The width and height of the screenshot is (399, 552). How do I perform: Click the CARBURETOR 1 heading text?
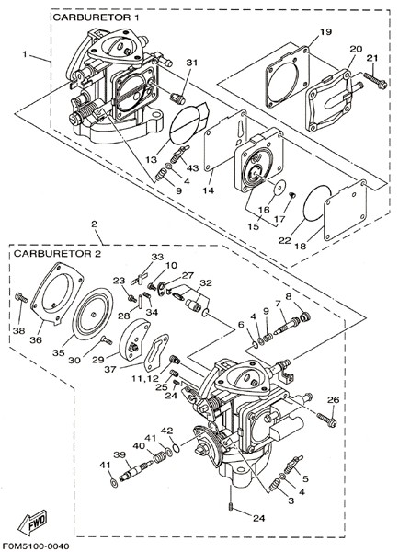click(x=96, y=17)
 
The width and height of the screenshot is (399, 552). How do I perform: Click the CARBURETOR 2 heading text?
click(x=57, y=254)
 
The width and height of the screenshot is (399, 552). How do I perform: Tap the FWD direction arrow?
click(x=32, y=523)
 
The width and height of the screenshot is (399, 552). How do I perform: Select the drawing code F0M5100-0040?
click(x=35, y=546)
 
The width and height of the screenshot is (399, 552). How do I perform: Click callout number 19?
click(x=325, y=31)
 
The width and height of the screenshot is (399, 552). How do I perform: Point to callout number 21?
click(x=372, y=58)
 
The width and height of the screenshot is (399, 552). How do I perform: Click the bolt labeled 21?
click(x=375, y=81)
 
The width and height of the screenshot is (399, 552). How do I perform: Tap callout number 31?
click(x=192, y=63)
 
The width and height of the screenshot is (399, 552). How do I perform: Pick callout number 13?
click(x=152, y=160)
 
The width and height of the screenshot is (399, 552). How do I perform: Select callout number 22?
click(x=285, y=240)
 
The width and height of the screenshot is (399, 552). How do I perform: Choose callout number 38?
click(x=19, y=330)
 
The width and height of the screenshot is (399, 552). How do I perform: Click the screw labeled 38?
click(x=21, y=298)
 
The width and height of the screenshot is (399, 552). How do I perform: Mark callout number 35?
click(x=59, y=352)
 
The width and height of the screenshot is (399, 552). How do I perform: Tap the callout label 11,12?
click(x=145, y=379)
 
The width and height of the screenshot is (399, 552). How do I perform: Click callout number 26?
click(x=333, y=400)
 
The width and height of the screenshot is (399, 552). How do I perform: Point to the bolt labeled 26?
click(x=326, y=420)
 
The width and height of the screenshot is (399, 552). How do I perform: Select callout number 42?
click(x=167, y=431)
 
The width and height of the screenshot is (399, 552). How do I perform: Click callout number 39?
click(x=120, y=454)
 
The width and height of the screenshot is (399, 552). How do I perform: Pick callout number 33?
click(x=157, y=257)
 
